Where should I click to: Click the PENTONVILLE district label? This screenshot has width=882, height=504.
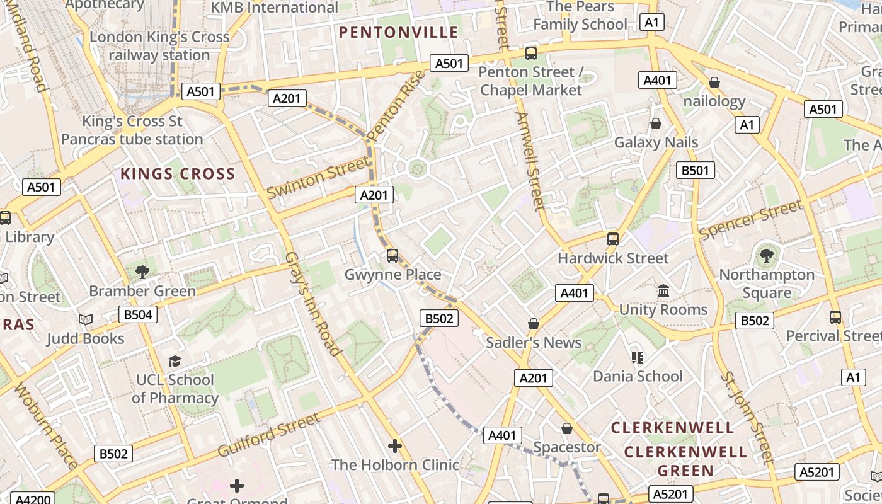(398, 32)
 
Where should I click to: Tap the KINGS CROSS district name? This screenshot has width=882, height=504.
(178, 174)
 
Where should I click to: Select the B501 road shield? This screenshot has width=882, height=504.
(696, 170)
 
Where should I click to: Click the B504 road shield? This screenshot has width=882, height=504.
(138, 314)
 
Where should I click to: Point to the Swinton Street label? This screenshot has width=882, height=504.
(318, 178)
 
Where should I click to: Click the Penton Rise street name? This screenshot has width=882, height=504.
(396, 105)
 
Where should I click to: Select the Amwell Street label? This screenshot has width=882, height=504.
(530, 161)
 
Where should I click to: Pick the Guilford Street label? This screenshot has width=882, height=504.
(269, 435)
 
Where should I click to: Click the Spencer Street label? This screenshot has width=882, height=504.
(751, 219)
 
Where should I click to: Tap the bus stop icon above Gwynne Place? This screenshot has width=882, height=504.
(392, 255)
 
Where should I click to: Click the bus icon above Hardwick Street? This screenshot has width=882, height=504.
(612, 239)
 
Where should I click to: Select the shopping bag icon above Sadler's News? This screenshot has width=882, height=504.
(534, 324)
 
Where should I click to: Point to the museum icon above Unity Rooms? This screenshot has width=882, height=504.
(663, 291)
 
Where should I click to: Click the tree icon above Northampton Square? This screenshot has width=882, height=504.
(766, 256)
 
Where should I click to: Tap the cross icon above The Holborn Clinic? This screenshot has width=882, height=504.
(395, 446)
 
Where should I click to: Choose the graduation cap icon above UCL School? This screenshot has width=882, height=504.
(175, 361)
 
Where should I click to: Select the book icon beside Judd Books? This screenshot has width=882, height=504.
(86, 320)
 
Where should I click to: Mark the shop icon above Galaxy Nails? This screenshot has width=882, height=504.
(656, 123)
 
